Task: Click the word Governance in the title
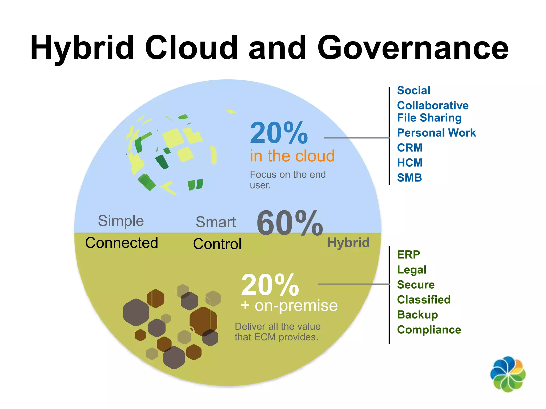click(x=413, y=48)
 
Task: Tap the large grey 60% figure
click(x=290, y=223)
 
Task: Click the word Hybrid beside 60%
click(x=348, y=243)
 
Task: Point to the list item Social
click(x=413, y=91)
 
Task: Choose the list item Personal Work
click(x=436, y=133)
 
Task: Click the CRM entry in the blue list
click(x=410, y=148)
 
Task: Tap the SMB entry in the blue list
click(x=409, y=178)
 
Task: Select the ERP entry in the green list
click(x=408, y=255)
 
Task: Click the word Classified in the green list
click(x=424, y=300)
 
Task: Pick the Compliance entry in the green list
click(x=429, y=330)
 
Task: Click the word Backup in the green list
click(x=417, y=315)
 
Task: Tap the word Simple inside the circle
click(x=121, y=221)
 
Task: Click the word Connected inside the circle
click(x=122, y=243)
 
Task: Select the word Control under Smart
click(x=217, y=244)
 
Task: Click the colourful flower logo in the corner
click(x=508, y=374)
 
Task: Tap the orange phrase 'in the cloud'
click(x=292, y=156)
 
